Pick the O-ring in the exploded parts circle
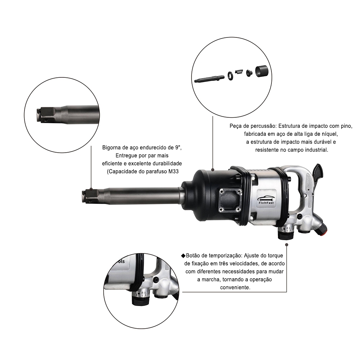(230, 75)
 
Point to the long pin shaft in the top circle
(210, 79)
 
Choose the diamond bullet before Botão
(183, 256)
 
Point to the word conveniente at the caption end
(235, 287)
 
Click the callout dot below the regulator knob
(287, 245)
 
